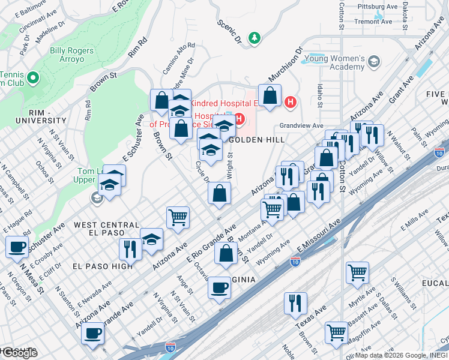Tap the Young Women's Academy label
point(334,62)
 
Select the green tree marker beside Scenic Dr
point(255,38)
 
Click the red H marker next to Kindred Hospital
point(291,102)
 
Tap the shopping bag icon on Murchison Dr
point(270,95)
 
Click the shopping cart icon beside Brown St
point(178,217)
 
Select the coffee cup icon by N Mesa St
point(17,246)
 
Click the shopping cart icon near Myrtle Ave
point(357,272)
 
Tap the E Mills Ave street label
point(417,225)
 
